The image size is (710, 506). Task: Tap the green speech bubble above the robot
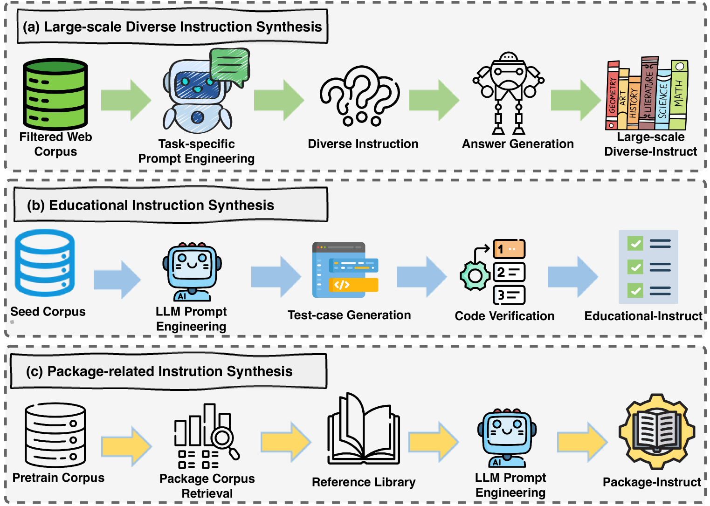point(229,67)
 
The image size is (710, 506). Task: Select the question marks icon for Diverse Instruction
point(359,96)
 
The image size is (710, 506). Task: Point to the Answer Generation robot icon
point(509,93)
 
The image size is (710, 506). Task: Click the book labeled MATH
point(679,95)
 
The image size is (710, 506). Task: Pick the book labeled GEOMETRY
point(613,96)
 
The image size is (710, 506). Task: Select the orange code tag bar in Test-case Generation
point(353,284)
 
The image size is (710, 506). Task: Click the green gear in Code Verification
point(475,276)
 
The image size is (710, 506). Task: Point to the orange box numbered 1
point(509,249)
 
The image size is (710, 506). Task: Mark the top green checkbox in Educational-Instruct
point(635,243)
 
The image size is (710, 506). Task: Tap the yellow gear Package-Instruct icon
point(657,431)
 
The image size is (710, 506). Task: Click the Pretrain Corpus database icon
point(55,435)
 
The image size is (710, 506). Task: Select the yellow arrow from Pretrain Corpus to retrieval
point(126,446)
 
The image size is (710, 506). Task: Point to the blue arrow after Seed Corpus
point(117,279)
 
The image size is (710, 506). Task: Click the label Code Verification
point(504,316)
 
